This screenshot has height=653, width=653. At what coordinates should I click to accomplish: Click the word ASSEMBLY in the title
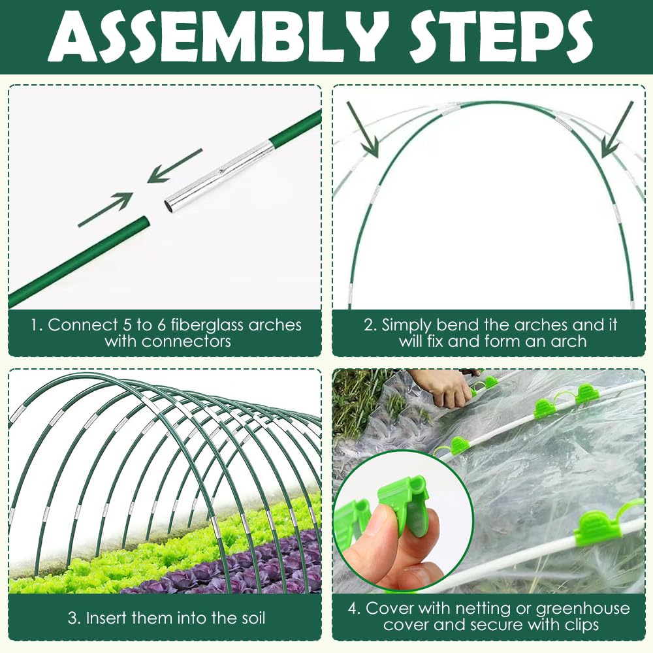pyautogui.click(x=213, y=37)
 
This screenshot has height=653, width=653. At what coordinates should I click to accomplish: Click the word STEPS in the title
pyautogui.click(x=501, y=37)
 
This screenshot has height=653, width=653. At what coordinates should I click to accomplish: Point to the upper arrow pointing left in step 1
pyautogui.click(x=175, y=166)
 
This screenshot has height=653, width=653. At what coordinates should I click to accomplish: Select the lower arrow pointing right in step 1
pyautogui.click(x=105, y=210)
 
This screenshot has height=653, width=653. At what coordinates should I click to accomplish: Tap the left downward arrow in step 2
pyautogui.click(x=362, y=130)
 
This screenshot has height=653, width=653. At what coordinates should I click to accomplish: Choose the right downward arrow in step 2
pyautogui.click(x=618, y=130)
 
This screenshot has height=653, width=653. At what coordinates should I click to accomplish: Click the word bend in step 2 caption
pyautogui.click(x=455, y=325)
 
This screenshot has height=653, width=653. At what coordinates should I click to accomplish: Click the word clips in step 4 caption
pyautogui.click(x=579, y=625)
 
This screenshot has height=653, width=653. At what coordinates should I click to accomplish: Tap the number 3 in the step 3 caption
pyautogui.click(x=73, y=618)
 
